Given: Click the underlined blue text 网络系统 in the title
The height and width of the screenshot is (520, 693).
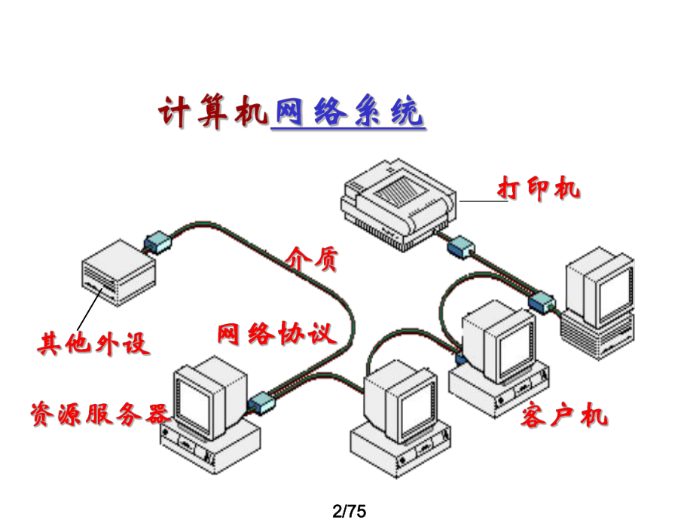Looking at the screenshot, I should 347,114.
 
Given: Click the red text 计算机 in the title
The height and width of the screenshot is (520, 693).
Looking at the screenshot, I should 214,114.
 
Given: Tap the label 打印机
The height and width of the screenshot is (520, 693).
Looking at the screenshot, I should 539,188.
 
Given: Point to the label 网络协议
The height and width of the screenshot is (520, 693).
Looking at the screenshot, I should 276,333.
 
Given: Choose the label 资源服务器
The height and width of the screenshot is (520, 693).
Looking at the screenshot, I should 98,413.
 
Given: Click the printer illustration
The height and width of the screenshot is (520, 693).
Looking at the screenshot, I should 397,200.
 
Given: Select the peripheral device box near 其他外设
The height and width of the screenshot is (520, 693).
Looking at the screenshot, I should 118,272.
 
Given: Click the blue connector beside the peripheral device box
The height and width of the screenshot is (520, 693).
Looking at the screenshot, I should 159,240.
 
